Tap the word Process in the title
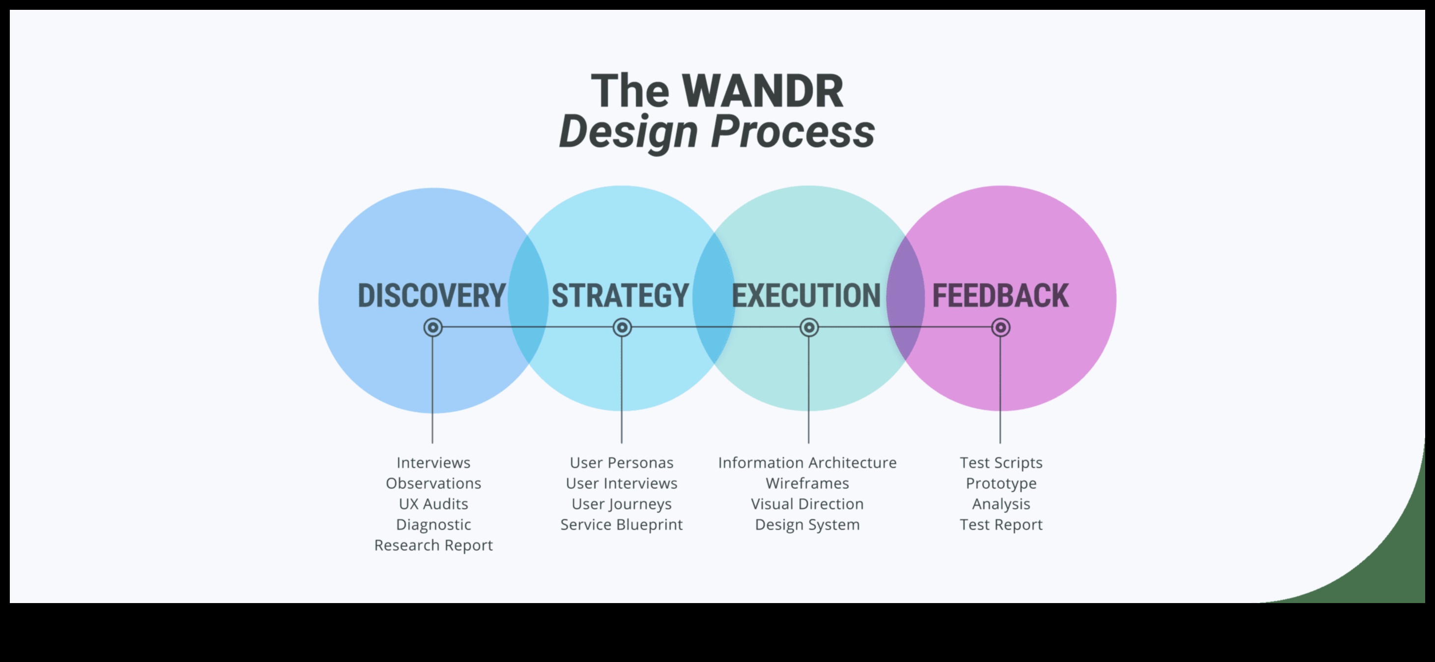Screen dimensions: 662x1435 click(792, 132)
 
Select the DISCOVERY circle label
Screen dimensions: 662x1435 click(431, 296)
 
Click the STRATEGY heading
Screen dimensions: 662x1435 click(620, 296)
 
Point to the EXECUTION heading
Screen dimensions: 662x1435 click(806, 296)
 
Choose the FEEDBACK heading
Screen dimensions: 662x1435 click(1001, 296)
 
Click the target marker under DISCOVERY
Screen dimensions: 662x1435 click(433, 328)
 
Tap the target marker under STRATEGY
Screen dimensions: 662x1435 click(622, 328)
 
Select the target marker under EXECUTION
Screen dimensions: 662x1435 click(809, 328)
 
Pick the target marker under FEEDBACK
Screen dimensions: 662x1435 click(1001, 328)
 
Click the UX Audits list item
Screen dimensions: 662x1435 click(433, 504)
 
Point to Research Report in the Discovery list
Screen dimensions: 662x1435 click(433, 545)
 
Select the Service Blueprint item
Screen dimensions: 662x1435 click(621, 524)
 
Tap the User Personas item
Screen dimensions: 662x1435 click(621, 463)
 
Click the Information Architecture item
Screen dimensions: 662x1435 click(807, 463)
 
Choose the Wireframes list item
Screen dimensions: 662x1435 click(807, 483)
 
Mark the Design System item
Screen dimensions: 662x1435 click(807, 524)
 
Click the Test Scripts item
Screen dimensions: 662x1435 click(1001, 463)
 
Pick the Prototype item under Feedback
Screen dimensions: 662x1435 click(1001, 483)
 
